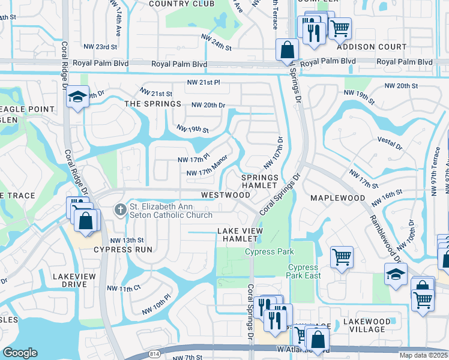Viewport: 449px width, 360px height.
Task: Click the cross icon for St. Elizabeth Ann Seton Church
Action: click(x=120, y=209)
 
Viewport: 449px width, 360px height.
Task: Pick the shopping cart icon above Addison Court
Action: click(x=340, y=27)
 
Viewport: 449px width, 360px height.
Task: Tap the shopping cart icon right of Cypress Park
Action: click(x=342, y=256)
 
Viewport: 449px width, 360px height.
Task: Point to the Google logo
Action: click(x=20, y=353)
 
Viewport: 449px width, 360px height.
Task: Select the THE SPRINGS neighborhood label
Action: click(x=152, y=104)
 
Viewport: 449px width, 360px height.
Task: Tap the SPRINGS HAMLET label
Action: click(x=260, y=182)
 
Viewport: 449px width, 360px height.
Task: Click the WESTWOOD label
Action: click(x=226, y=195)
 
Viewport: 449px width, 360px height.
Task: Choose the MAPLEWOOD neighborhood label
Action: click(x=337, y=197)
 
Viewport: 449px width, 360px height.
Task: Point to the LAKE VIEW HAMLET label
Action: click(x=240, y=235)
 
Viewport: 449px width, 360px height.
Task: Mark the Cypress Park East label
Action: click(x=304, y=271)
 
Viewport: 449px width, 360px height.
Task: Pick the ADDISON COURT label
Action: click(x=364, y=46)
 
